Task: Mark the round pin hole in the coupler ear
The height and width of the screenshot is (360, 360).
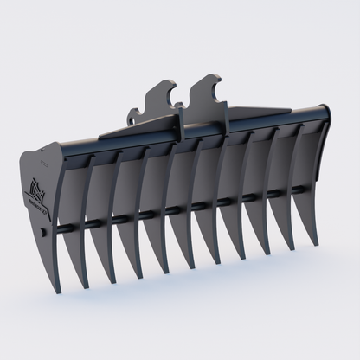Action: tap(136, 113)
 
